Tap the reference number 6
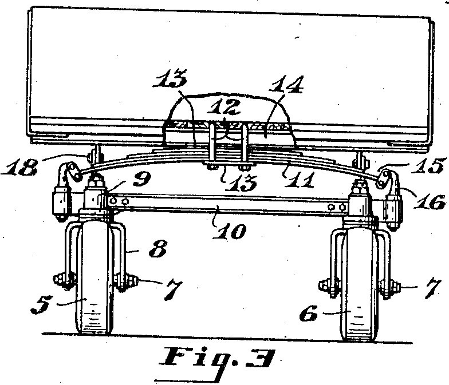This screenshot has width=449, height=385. click(309, 313)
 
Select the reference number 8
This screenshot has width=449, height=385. click(158, 249)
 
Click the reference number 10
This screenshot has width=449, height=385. click(229, 231)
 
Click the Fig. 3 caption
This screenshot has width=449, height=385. click(216, 358)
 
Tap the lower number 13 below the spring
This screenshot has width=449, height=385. click(240, 182)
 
